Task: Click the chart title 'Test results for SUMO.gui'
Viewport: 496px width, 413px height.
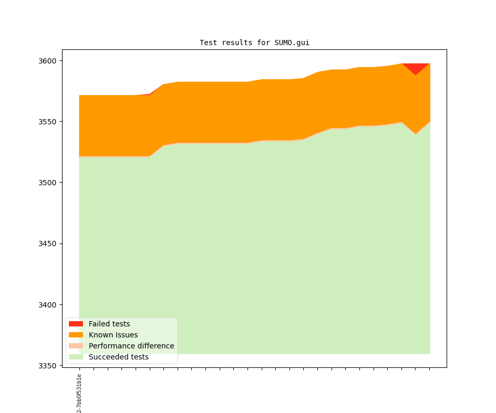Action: tap(254, 43)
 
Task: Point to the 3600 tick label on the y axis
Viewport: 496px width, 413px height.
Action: tap(47, 61)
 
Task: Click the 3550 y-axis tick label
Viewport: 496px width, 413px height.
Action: tap(47, 122)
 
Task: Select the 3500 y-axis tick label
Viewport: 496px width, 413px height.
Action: tap(47, 183)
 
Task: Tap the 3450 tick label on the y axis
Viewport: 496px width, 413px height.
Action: tap(47, 243)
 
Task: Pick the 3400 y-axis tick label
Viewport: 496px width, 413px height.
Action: tap(47, 304)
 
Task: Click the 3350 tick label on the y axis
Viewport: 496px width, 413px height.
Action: tap(47, 365)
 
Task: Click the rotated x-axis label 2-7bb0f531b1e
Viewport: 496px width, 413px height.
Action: tap(79, 393)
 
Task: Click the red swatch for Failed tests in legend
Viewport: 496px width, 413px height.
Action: tap(76, 324)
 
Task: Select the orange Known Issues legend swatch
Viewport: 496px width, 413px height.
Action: tap(76, 335)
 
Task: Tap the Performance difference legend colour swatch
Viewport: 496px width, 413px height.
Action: tap(76, 346)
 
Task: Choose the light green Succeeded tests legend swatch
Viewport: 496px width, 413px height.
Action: tap(76, 357)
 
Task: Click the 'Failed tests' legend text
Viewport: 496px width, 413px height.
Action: tap(109, 324)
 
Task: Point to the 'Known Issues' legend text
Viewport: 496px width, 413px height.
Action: tap(113, 335)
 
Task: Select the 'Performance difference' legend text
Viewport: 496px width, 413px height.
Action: tap(131, 346)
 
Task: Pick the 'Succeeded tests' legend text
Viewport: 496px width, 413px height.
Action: tap(119, 357)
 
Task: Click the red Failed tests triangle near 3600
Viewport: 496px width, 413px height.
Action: tap(416, 67)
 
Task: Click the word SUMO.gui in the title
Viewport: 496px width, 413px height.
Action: tap(292, 43)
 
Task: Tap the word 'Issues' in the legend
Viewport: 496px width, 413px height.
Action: tap(127, 335)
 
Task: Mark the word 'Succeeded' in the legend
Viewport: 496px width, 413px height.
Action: tap(107, 357)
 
